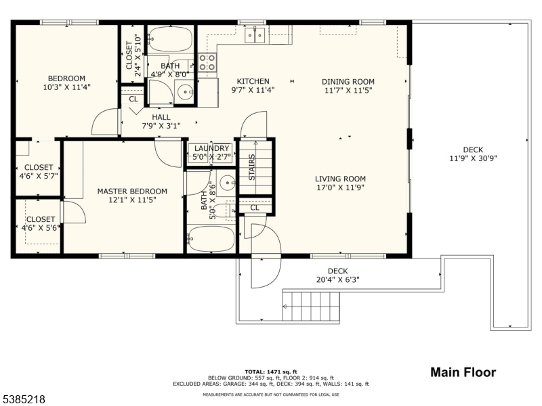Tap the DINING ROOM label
coord(348,81)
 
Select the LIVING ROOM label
coord(340,179)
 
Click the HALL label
coord(161,117)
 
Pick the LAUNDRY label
coord(212,149)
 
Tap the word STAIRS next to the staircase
coord(251,168)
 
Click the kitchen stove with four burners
coord(208,62)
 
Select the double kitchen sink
coord(255,35)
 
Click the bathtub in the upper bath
coord(171,39)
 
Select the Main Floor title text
coord(463,372)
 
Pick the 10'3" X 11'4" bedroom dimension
coord(66,87)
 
